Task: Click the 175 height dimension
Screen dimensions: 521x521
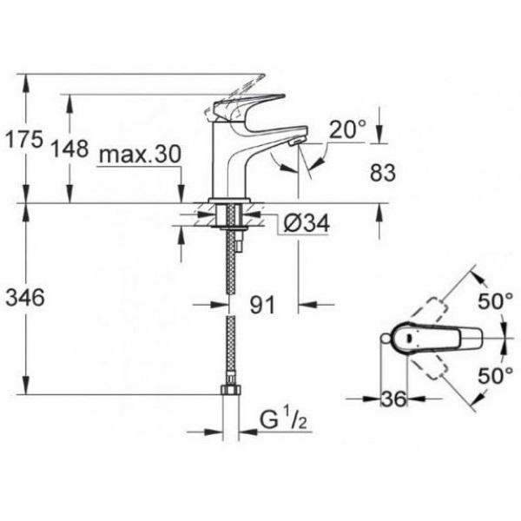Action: point(25,139)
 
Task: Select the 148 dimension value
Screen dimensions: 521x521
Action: point(69,148)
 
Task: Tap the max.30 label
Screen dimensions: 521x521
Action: point(140,154)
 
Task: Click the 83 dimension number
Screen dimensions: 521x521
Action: point(383,173)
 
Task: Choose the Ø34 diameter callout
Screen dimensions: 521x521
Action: point(307,222)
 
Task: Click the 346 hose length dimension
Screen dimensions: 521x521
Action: point(25,297)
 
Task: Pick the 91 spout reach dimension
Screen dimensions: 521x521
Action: point(262,305)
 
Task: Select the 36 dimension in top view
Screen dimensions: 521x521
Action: point(393,399)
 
